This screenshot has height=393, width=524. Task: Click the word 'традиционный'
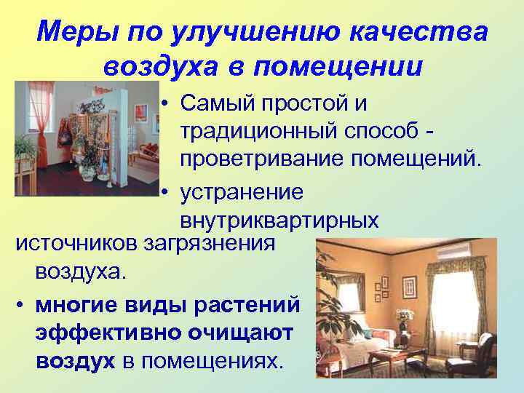coord(258,130)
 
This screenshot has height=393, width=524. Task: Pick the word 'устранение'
coord(242,193)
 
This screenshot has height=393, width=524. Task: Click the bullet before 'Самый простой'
coord(167,105)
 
